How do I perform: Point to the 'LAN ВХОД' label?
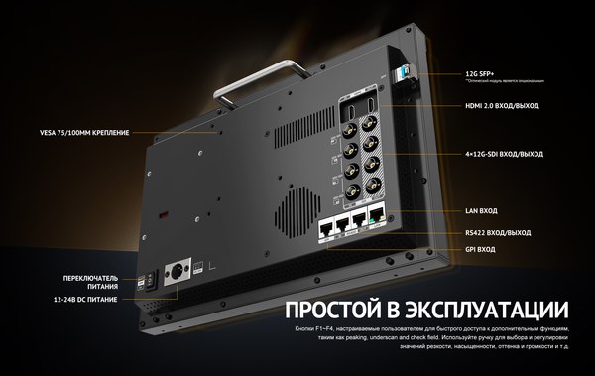[x=484, y=211]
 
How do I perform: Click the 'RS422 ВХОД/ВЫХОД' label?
[x=498, y=232]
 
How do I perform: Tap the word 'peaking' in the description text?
[x=344, y=337]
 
